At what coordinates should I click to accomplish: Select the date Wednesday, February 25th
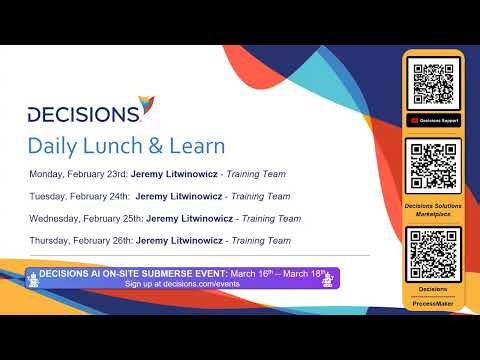[x=86, y=218]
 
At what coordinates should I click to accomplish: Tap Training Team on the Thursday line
[x=260, y=240]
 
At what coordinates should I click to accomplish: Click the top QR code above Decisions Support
[x=433, y=84]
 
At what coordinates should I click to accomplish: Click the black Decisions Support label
[x=433, y=120]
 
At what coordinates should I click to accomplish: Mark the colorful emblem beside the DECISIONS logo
[x=148, y=103]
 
